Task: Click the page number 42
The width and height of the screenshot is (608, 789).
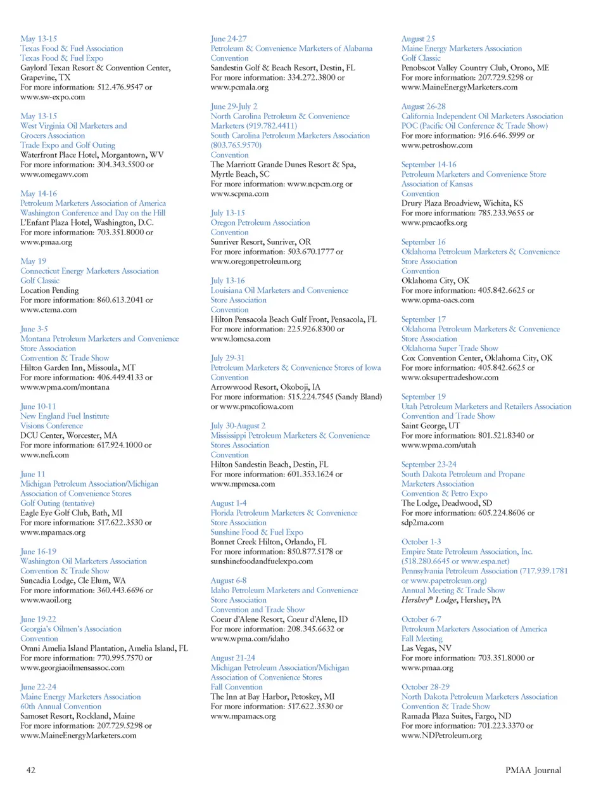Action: click(x=30, y=770)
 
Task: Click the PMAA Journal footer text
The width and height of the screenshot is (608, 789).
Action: click(x=533, y=770)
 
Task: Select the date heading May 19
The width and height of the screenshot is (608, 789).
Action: click(x=33, y=261)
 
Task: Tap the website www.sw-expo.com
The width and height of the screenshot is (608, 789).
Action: click(x=53, y=97)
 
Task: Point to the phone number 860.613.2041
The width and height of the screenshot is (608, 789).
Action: click(x=120, y=300)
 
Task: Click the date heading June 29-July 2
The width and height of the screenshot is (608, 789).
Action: click(x=234, y=106)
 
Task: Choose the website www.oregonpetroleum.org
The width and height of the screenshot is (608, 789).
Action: click(x=255, y=261)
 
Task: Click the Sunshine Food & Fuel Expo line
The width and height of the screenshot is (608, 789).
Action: click(x=256, y=532)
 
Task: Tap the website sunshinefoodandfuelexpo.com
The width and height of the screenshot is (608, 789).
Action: click(x=262, y=561)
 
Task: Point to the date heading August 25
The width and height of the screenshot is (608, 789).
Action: click(x=418, y=39)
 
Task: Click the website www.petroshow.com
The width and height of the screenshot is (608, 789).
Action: click(x=437, y=145)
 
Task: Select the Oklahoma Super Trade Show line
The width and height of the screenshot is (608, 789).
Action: click(x=449, y=348)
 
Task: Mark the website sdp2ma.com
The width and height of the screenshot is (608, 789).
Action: click(x=422, y=522)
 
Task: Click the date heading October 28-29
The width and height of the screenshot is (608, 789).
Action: click(x=425, y=686)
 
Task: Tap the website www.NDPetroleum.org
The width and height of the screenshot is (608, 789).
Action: click(x=441, y=735)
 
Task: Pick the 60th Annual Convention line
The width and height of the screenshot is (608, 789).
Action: click(x=61, y=706)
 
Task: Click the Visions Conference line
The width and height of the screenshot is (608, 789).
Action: click(x=51, y=426)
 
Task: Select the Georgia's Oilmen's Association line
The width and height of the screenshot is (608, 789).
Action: click(x=70, y=629)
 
